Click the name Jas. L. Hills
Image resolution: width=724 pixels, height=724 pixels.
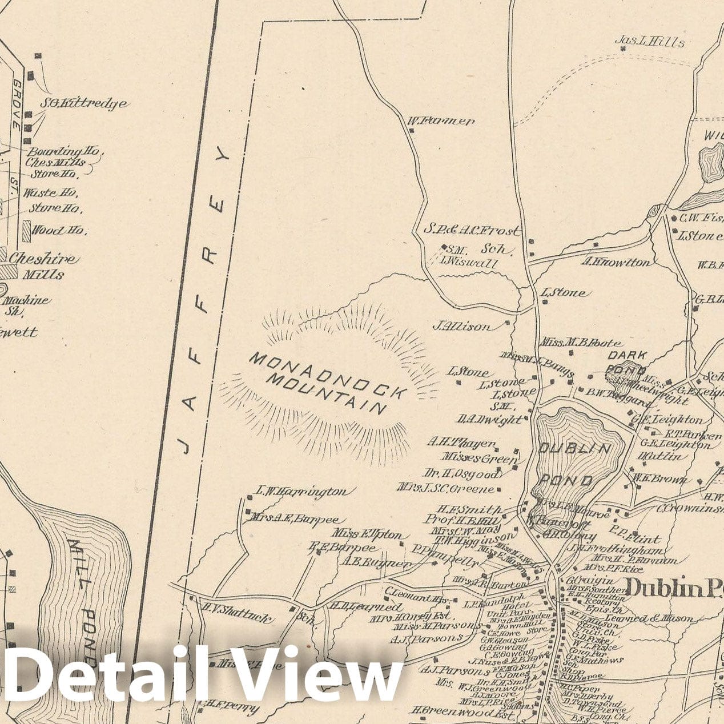coord(650,41)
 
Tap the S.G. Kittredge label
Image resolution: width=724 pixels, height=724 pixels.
coord(83,104)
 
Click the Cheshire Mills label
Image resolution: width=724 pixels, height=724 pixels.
coord(43,266)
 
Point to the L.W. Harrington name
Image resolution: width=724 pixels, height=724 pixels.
coord(301,491)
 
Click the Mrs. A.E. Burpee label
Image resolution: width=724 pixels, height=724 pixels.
coord(295,520)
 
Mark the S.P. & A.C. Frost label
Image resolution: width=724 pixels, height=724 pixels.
coord(472,231)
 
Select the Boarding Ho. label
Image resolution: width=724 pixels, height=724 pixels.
coord(63,152)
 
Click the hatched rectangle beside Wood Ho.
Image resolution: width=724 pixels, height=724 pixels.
coord(26,231)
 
